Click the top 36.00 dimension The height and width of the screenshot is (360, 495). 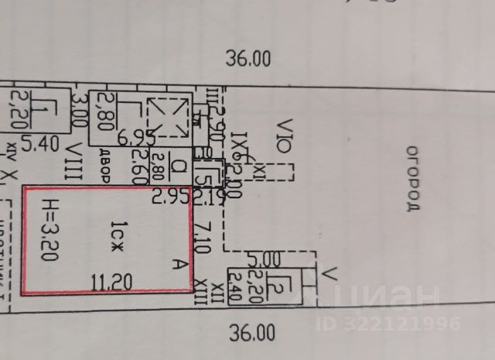pyautogui.click(x=248, y=57)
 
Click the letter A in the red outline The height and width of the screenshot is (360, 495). pyautogui.click(x=182, y=264)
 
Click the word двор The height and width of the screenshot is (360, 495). pyautogui.click(x=104, y=167)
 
